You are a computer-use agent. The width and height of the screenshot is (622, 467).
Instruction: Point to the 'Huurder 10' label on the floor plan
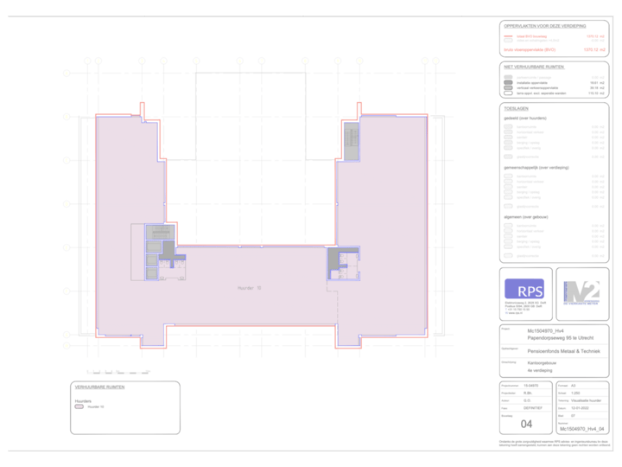click(x=250, y=286)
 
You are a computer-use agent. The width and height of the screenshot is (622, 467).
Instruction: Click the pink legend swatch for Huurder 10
click(x=79, y=406)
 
